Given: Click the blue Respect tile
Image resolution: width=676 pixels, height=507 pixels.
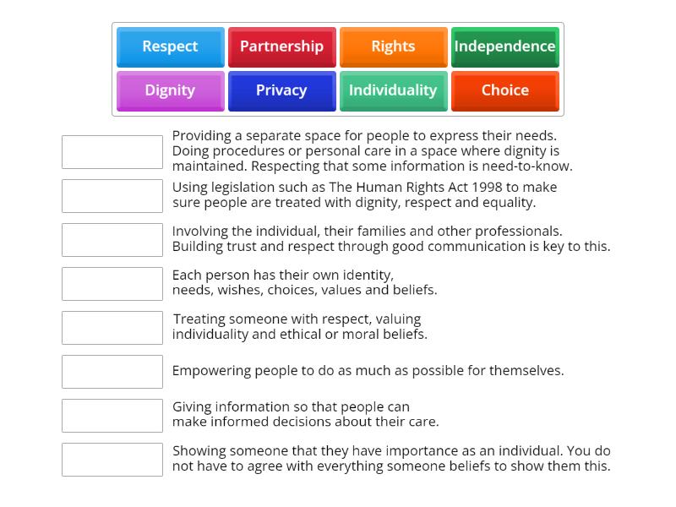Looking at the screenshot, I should pos(170,46).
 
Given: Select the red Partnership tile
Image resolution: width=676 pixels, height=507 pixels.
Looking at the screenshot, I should pos(281,46).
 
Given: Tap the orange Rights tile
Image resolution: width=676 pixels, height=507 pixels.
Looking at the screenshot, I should pos(393,46).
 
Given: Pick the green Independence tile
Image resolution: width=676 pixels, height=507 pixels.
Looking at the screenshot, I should pos(504,46).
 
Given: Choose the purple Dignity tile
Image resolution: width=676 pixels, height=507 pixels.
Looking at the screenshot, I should pos(170,90).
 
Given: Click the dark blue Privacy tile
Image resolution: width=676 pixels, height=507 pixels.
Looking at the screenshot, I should pos(281,90).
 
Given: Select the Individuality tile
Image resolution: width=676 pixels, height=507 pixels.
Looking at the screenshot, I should pos(393,90).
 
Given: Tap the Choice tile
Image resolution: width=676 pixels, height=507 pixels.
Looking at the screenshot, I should pos(504,90).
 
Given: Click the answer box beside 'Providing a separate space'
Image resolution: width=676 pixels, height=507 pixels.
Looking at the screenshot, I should pos(112,152).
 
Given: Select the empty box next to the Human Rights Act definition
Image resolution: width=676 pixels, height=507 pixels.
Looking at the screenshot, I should pos(112,196).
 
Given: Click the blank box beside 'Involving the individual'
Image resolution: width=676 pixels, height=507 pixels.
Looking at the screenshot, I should pos(112,240).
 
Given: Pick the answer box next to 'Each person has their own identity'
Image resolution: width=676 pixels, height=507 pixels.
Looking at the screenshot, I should pos(112,284).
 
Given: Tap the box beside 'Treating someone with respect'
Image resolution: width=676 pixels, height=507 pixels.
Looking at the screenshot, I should pos(112,328).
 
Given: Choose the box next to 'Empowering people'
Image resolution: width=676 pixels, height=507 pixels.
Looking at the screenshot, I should pos(112,372).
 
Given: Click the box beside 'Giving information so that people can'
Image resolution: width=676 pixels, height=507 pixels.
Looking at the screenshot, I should pos(112,416).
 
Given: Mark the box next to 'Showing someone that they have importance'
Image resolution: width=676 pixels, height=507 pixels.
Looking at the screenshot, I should pos(112,460).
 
